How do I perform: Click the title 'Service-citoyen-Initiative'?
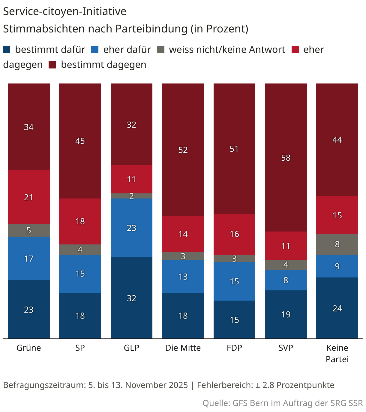[64, 11]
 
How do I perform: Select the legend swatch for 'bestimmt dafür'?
[7, 49]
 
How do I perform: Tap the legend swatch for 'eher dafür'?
[95, 49]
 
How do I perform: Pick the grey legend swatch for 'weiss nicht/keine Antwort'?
[161, 49]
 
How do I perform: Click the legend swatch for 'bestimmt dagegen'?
[52, 65]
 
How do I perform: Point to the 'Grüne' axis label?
[28, 348]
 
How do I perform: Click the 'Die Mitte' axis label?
[183, 348]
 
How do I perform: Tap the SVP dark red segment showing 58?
[286, 157]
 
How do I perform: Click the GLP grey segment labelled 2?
[131, 196]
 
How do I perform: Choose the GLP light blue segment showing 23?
[131, 228]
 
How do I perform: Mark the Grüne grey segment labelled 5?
[28, 230]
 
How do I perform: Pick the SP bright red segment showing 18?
[80, 221]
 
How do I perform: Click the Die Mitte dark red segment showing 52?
[183, 150]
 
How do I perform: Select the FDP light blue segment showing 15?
[234, 281]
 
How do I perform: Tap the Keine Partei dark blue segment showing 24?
[337, 308]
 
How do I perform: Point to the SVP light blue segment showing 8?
[286, 280]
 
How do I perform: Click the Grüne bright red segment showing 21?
[28, 197]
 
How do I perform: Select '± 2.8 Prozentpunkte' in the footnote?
[295, 385]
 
